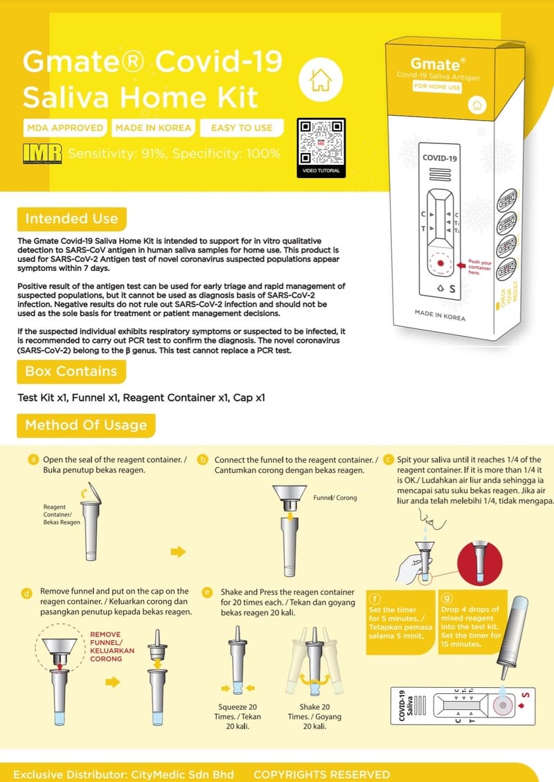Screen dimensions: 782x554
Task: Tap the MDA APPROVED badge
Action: coord(65,127)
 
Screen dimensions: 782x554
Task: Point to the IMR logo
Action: coord(42,153)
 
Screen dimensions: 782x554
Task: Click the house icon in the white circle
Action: coord(321,80)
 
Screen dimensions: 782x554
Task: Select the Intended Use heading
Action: coord(71,219)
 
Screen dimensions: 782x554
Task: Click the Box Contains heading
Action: coord(71,371)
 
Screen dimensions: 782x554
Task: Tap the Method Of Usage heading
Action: coord(86,425)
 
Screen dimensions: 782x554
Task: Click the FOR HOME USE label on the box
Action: coord(437,87)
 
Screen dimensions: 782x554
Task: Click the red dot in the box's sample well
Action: coord(440,265)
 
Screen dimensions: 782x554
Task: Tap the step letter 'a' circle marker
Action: coord(32,459)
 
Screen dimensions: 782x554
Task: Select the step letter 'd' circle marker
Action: coord(26,593)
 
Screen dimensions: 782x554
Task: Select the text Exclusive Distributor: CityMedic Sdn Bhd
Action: coord(123,774)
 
